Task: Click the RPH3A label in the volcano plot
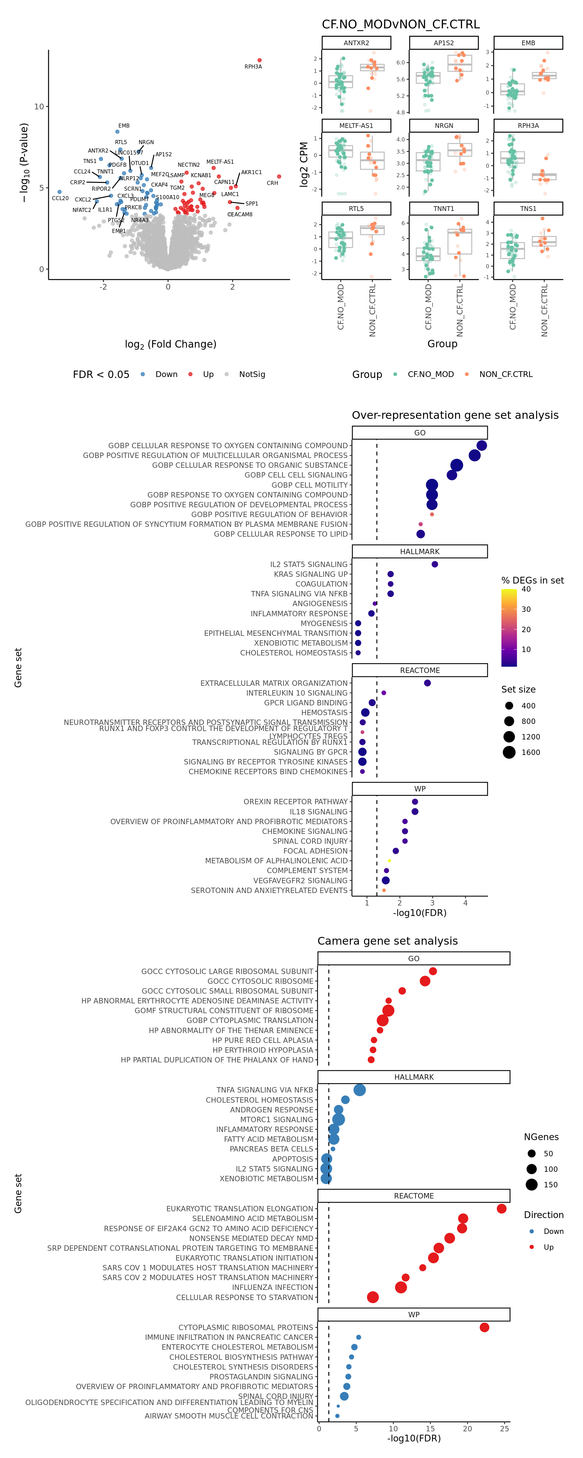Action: point(253,67)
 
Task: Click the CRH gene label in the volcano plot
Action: point(272,183)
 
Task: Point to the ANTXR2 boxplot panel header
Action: point(356,43)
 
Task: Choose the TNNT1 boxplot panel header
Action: point(444,209)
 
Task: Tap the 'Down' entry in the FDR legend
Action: point(166,374)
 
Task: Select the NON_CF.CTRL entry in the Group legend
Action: point(505,374)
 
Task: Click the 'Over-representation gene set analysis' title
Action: point(455,415)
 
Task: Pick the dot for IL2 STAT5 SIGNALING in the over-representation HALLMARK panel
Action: point(435,564)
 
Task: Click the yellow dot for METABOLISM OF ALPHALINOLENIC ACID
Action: point(389,861)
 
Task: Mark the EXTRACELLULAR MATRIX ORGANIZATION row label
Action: point(274,683)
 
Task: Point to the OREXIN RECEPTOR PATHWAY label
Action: point(296,802)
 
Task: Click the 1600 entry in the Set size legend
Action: point(530,752)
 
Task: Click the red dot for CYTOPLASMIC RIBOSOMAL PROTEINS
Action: point(484,1327)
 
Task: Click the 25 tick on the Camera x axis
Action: point(504,1429)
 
